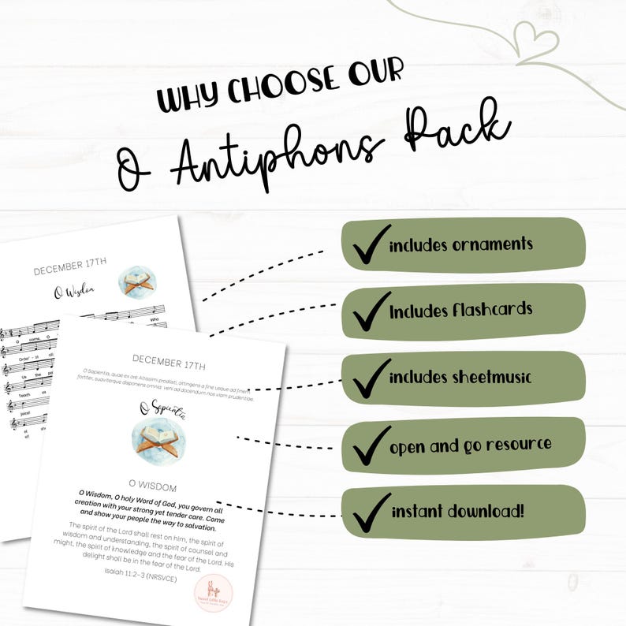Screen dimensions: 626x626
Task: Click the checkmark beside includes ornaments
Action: [368, 245]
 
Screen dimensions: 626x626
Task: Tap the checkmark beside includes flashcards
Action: [368, 311]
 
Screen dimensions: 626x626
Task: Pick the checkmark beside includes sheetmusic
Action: [368, 378]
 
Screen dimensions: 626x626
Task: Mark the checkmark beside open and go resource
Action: [368, 445]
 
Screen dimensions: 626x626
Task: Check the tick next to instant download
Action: [368, 512]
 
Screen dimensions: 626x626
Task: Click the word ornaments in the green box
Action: [492, 244]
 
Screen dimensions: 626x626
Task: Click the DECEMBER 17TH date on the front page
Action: [169, 366]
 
